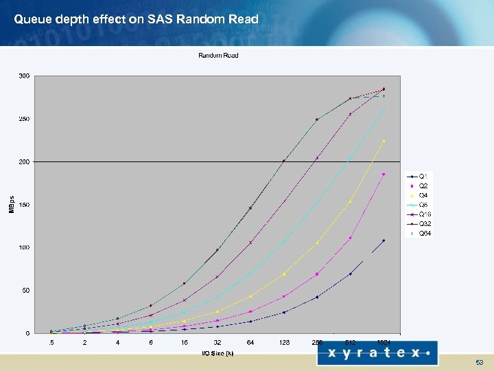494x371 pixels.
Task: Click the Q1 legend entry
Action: [x=422, y=177]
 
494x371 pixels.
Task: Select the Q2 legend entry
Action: [x=422, y=186]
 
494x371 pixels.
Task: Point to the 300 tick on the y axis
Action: [x=24, y=76]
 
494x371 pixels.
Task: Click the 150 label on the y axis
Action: [x=24, y=205]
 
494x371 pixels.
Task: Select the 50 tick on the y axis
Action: [x=25, y=291]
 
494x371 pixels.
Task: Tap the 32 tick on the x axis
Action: [x=217, y=342]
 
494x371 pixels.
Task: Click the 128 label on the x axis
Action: [x=283, y=342]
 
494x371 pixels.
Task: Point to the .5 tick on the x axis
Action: [x=51, y=342]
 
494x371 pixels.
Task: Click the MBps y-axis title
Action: [x=11, y=205]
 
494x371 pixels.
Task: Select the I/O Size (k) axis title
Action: [x=217, y=353]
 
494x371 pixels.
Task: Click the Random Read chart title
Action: [x=218, y=55]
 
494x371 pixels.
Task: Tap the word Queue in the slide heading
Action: [x=31, y=19]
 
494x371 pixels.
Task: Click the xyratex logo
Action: [x=377, y=352]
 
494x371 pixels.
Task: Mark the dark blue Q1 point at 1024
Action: [x=384, y=240]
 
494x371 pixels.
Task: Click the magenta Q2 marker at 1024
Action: [x=384, y=174]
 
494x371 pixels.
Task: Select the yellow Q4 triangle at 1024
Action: [x=384, y=141]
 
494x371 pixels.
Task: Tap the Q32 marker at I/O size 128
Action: [x=283, y=161]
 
